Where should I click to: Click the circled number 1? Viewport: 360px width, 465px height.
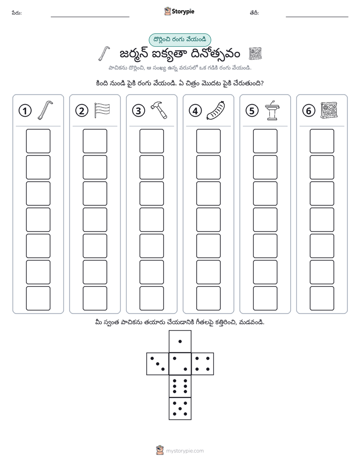click(25, 111)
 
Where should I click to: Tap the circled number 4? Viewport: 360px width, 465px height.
click(195, 111)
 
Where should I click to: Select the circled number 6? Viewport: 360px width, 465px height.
click(309, 111)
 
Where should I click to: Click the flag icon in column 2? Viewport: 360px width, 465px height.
click(102, 110)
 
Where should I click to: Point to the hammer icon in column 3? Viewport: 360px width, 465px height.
click(159, 110)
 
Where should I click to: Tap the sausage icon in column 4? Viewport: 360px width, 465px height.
click(216, 111)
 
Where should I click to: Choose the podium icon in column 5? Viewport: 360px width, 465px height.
click(272, 110)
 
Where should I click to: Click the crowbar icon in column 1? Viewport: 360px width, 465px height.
click(45, 110)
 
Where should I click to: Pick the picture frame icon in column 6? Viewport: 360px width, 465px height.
click(329, 110)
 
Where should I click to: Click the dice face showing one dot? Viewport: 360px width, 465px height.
click(180, 342)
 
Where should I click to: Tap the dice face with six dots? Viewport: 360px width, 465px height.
click(180, 386)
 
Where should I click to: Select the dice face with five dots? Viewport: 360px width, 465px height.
click(180, 409)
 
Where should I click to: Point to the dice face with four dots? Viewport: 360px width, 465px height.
click(203, 364)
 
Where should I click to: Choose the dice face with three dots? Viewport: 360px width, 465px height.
click(158, 364)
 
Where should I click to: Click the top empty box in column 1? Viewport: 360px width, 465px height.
click(38, 141)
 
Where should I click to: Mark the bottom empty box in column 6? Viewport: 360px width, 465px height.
click(322, 298)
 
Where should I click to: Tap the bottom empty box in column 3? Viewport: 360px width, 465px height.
click(152, 298)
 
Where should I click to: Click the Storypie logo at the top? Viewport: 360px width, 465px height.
click(179, 12)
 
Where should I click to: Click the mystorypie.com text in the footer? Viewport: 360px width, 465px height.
click(185, 451)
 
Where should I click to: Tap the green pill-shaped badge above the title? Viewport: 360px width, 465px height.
click(179, 40)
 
